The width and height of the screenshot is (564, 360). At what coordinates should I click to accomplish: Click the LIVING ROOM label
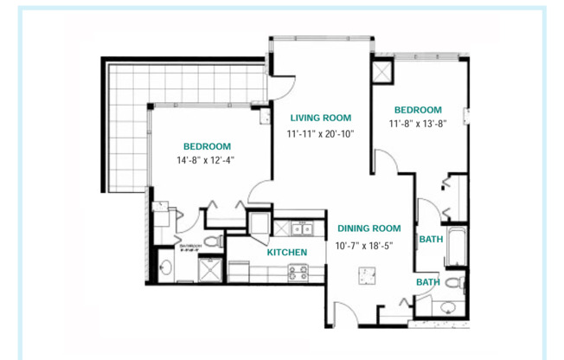tap(320, 118)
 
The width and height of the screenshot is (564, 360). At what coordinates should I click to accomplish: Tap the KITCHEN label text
tap(286, 253)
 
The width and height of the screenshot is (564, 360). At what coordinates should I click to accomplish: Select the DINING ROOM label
tap(369, 228)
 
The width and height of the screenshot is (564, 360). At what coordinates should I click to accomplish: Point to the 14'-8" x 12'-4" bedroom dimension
tap(207, 161)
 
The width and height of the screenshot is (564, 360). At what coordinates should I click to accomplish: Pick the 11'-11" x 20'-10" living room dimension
tap(321, 134)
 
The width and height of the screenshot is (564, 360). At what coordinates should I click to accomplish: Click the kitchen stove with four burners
tap(298, 273)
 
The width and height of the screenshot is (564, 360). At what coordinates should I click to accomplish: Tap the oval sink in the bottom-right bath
tap(446, 308)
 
